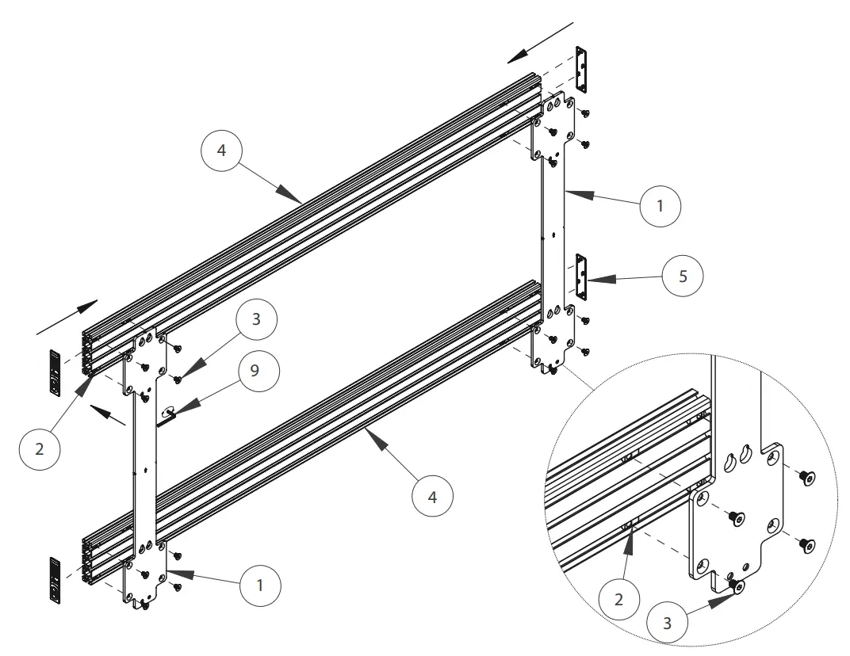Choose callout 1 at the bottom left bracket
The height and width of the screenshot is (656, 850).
[258, 585]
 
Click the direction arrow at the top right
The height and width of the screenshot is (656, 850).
[540, 44]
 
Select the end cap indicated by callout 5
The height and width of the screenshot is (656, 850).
[581, 277]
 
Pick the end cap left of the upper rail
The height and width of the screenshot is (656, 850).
[55, 372]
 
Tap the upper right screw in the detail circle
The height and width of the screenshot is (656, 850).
[807, 477]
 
